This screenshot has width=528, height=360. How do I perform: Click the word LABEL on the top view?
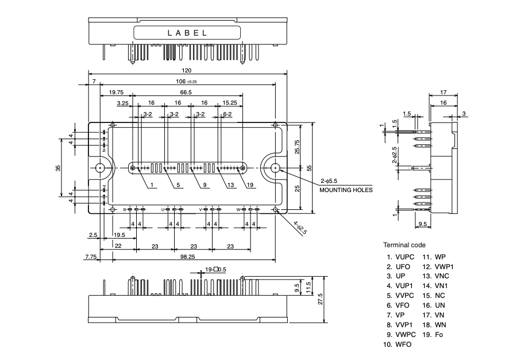tap(187, 33)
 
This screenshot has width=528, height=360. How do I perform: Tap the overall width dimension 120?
tap(187, 70)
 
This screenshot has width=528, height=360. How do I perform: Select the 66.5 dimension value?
tap(186, 92)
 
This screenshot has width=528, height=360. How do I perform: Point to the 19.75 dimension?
tap(116, 92)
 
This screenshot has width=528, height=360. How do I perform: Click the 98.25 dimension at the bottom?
tap(187, 257)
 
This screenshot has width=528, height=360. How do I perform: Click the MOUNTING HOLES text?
tap(346, 189)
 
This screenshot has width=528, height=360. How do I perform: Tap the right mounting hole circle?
tap(275, 168)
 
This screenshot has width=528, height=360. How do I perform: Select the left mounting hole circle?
tap(100, 168)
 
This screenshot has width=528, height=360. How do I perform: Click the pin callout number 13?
tap(231, 185)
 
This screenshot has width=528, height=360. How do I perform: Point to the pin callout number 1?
tap(151, 185)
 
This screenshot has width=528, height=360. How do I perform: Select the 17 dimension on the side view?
tap(444, 92)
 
